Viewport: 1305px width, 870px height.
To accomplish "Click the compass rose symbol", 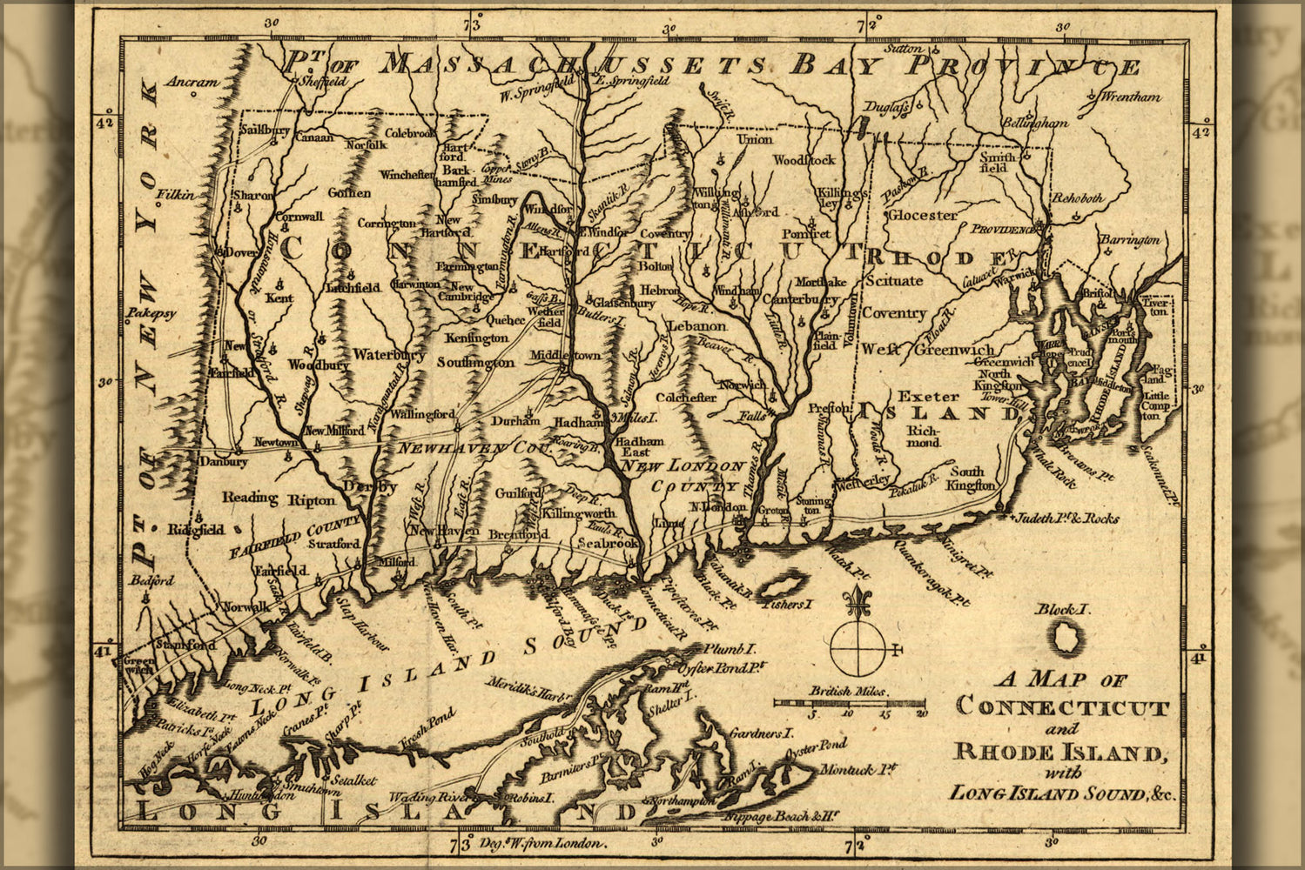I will [857, 639].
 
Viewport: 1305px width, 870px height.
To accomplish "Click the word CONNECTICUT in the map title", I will [1062, 706].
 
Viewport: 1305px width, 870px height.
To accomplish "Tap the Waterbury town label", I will [388, 355].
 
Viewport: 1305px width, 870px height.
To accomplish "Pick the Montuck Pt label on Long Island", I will [870, 769].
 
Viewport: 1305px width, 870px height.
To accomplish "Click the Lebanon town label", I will [696, 326].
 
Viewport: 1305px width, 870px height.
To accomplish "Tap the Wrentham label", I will [1131, 97].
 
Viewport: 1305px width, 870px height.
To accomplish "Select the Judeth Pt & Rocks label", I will [1066, 519].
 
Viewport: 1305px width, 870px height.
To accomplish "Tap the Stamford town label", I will [185, 646].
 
